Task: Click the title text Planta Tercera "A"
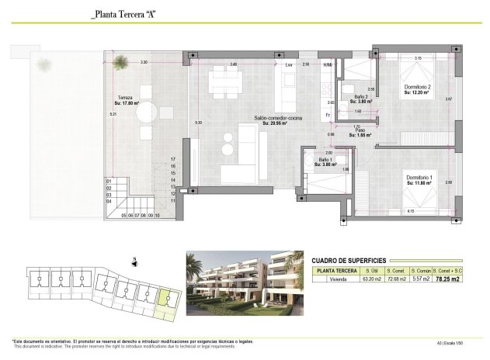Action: tap(123, 14)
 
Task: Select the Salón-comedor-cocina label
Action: tap(276, 119)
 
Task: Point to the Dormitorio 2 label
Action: tap(417, 88)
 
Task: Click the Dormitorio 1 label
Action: tap(421, 180)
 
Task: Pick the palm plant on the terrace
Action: tap(120, 63)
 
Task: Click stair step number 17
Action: tap(174, 159)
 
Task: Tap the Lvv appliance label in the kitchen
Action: tap(289, 64)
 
